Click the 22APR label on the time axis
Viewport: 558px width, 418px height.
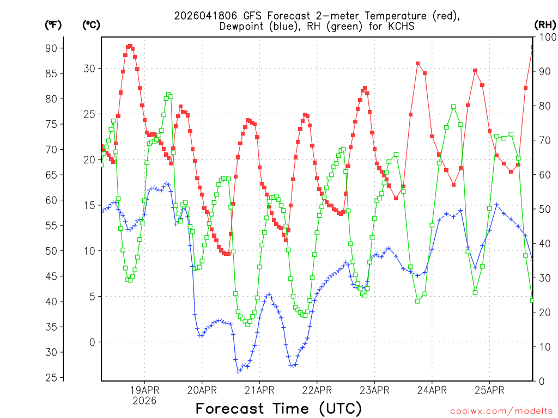(317, 390)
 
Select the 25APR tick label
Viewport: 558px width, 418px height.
(489, 390)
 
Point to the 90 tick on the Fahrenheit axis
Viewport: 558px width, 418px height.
(51, 48)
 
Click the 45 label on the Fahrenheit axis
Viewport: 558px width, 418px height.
(51, 276)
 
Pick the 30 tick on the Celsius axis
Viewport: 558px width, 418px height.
(89, 69)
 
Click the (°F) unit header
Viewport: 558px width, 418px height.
(53, 24)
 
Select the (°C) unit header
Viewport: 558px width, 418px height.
(92, 24)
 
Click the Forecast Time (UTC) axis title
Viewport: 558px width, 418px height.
(278, 408)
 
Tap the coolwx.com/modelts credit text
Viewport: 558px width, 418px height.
(501, 411)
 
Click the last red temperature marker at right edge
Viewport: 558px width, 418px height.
(532, 47)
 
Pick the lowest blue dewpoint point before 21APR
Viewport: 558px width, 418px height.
(238, 372)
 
